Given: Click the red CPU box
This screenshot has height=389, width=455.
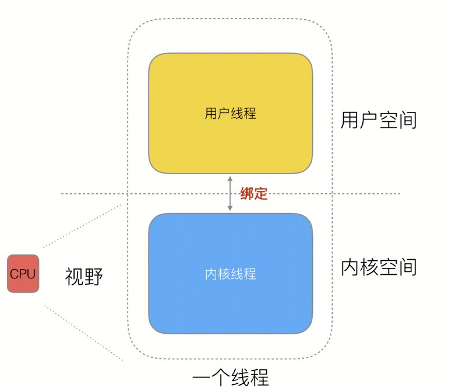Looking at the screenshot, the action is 23,274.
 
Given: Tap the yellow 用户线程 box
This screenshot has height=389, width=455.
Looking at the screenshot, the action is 230,113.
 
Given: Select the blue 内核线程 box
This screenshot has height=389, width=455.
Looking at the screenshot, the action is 230,274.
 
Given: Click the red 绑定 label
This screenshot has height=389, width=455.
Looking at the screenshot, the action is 253,193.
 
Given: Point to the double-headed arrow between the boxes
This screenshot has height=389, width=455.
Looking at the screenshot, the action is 230,193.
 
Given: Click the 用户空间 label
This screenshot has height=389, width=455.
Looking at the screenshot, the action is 379,120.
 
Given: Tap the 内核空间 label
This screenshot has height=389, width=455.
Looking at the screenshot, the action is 379,267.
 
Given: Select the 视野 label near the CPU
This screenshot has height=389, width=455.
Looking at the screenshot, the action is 84,277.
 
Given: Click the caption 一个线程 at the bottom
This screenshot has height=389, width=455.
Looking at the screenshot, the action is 230,378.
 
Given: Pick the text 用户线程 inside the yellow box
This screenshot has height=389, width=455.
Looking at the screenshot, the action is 230,113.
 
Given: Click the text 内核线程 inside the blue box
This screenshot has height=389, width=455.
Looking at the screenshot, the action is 230,274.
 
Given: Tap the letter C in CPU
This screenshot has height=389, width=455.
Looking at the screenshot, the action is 14,274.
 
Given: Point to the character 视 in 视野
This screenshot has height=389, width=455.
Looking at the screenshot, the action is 75,277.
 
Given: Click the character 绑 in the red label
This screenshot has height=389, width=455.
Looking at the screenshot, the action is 246,193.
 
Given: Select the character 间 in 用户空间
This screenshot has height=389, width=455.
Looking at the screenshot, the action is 408,120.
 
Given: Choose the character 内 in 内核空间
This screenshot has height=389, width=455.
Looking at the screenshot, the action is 350,267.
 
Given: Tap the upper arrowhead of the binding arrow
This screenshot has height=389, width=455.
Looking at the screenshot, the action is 230,178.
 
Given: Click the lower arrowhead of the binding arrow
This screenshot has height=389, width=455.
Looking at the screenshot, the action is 230,208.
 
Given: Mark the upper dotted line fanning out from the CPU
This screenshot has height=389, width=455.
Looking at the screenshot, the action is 82,226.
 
